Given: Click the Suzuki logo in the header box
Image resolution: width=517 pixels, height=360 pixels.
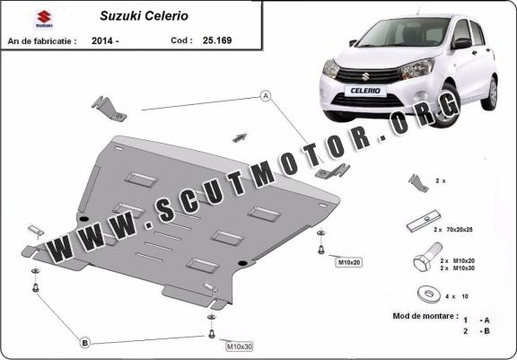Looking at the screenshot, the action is coord(44,19).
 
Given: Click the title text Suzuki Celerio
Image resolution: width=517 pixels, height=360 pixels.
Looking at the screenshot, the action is coord(145,16).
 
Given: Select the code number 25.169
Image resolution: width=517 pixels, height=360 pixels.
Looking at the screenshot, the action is coord(217,40).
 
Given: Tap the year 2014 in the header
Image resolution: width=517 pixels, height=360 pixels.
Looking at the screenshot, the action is coord(102,41).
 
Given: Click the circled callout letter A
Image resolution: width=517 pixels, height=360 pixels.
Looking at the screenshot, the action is coord(266,96).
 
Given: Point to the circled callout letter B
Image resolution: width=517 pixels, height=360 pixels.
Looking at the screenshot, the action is coord(84,343).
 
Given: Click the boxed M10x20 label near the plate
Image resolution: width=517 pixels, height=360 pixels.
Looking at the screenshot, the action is coord(349,262).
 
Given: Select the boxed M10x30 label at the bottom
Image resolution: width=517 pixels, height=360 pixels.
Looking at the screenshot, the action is coord(240,347).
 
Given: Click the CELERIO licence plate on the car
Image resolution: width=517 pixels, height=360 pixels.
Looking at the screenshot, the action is coord(365,91).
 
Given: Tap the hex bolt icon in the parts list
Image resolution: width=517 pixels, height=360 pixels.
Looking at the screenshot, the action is coord(427,258).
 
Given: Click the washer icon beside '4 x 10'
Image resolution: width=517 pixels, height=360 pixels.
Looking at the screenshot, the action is coord(429,294).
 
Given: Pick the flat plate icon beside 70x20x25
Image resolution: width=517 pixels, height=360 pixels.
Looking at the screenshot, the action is coord(424,221).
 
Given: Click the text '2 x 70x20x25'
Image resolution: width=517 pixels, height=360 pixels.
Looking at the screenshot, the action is coord(453,230).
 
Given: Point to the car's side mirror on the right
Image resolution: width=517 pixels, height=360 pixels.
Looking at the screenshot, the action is coord(462,43).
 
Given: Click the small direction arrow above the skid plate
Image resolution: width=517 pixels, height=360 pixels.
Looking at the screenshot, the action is coord(240,137).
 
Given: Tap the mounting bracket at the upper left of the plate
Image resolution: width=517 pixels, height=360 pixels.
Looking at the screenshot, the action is coord(109,109).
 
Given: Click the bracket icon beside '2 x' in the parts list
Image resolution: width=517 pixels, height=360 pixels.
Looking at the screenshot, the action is coord(418,183).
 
